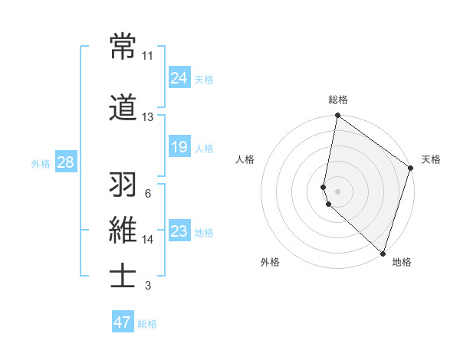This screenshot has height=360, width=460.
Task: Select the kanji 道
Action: click(123, 108)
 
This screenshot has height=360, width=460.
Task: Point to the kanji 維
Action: click(123, 231)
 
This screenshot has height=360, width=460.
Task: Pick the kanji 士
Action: click(123, 277)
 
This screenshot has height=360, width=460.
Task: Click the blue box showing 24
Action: click(179, 78)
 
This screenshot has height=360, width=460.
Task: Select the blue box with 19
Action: click(179, 147)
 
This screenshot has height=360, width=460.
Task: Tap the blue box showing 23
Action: click(179, 231)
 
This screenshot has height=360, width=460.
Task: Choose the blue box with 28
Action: click(65, 162)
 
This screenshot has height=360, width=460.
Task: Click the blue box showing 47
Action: click(123, 322)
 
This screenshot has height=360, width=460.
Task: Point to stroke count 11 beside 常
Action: click(147, 56)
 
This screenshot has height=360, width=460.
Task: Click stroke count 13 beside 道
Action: click(147, 117)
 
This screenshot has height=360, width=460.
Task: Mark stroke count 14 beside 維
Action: click(147, 240)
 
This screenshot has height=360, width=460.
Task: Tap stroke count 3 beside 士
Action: click(147, 286)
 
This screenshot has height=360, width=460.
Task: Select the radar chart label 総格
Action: click(337, 100)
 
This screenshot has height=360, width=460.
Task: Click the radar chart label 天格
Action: click(431, 159)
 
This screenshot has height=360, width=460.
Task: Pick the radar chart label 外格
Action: click(270, 262)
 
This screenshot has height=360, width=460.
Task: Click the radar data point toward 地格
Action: click(383, 253)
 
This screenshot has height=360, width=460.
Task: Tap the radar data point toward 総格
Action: click(337, 116)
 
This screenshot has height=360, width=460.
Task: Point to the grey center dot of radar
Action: click(337, 190)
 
